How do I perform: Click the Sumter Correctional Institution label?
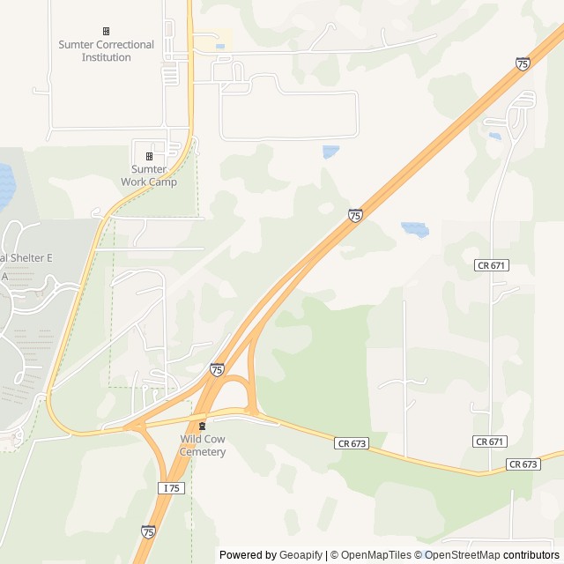[x=106, y=51]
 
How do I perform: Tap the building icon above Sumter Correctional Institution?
[x=107, y=31]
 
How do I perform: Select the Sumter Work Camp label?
[x=149, y=175]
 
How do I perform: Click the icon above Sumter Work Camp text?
[x=149, y=156]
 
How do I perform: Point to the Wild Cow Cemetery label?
[x=203, y=445]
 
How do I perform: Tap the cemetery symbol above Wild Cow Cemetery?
[x=203, y=427]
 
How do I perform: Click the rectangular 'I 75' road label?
[x=172, y=487]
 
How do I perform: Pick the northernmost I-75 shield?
[x=523, y=63]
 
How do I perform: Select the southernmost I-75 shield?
[x=148, y=531]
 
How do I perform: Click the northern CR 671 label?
[x=491, y=264]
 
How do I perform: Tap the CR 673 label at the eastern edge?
[x=523, y=464]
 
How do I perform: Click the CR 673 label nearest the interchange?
[x=351, y=442]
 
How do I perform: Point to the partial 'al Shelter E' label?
[x=26, y=257]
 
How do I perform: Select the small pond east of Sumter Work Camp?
[x=330, y=152]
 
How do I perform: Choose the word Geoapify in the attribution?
[x=302, y=555]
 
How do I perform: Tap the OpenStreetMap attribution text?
[x=462, y=555]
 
